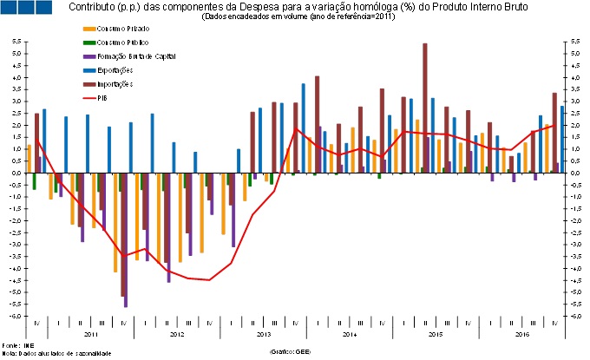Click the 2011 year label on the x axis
[90, 334]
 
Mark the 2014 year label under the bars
[350, 334]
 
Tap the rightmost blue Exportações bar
[562, 139]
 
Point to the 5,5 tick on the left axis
[16, 42]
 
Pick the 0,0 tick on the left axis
[16, 173]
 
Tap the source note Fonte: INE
[12, 345]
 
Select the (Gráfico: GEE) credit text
[291, 350]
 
